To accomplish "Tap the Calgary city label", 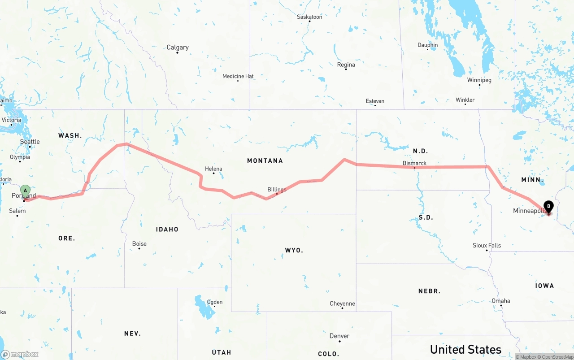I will pyautogui.click(x=178, y=48).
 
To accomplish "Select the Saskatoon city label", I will pyautogui.click(x=309, y=17).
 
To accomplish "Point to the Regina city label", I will pyautogui.click(x=346, y=65).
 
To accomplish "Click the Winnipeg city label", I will pyautogui.click(x=479, y=80).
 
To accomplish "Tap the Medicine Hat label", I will pyautogui.click(x=238, y=76).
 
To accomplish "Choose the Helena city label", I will pyautogui.click(x=213, y=169).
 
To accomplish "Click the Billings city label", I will pyautogui.click(x=277, y=190).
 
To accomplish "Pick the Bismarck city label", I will pyautogui.click(x=414, y=163).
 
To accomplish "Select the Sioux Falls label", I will pyautogui.click(x=487, y=246).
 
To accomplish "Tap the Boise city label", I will pyautogui.click(x=139, y=244).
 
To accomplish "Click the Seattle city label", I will pyautogui.click(x=30, y=142).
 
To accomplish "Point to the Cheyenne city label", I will pyautogui.click(x=342, y=304).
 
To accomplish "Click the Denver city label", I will pyautogui.click(x=339, y=336).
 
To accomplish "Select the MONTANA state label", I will pyautogui.click(x=265, y=160).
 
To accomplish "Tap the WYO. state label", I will pyautogui.click(x=294, y=250).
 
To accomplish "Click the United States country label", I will pyautogui.click(x=465, y=349).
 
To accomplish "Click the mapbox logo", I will pyautogui.click(x=20, y=354).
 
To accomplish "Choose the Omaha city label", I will pyautogui.click(x=501, y=301).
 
